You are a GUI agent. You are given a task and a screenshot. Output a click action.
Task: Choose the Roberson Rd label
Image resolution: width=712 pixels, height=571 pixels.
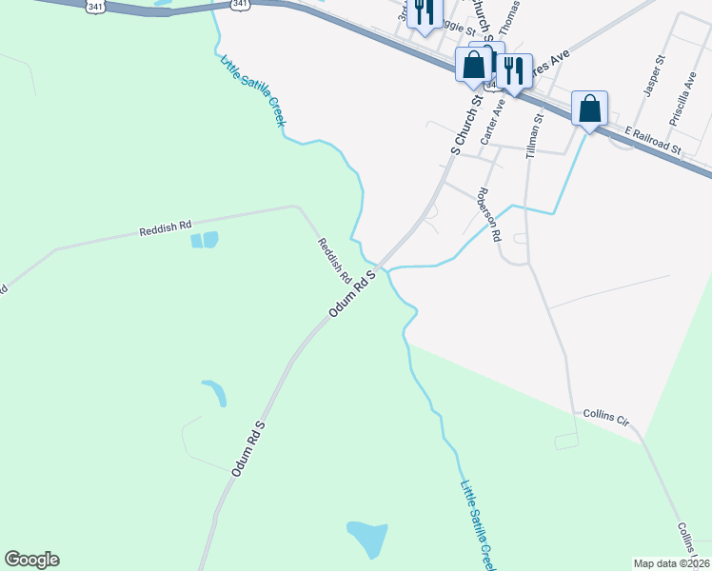(x=489, y=214)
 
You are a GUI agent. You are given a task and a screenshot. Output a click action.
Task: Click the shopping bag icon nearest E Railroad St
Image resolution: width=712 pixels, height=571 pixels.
(x=590, y=109)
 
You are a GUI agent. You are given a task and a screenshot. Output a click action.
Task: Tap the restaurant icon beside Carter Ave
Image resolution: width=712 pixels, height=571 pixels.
(x=513, y=71)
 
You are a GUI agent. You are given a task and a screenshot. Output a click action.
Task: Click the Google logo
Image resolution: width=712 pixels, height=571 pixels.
(x=31, y=560)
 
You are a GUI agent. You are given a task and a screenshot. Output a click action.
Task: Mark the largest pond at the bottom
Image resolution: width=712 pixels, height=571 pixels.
(x=367, y=540)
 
